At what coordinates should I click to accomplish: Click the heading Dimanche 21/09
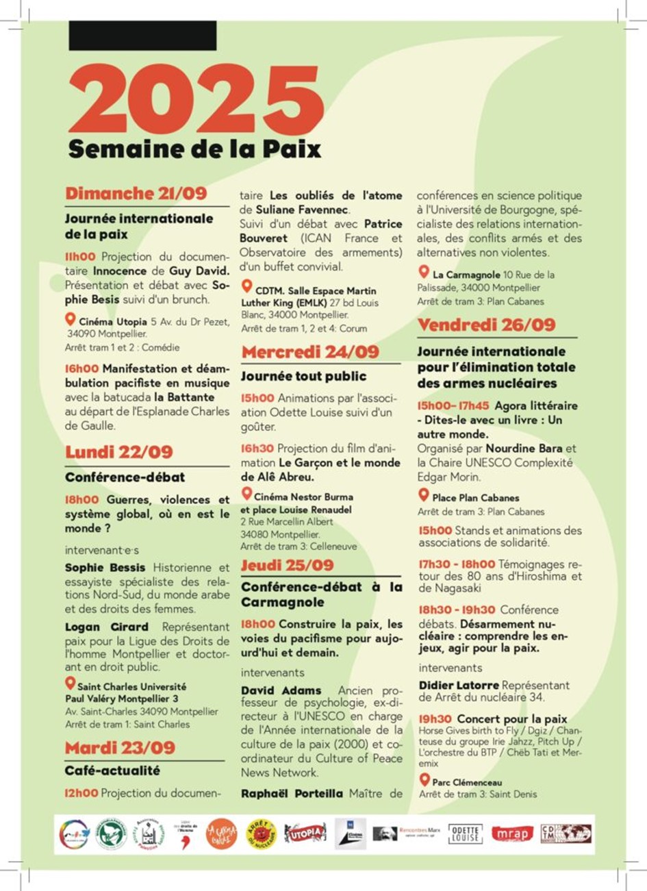[x=136, y=194]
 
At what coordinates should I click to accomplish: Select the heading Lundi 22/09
[x=119, y=452]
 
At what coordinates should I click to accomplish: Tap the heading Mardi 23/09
[x=120, y=747]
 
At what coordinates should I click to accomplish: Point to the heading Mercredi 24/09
[x=310, y=352]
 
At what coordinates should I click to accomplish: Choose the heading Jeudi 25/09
[x=288, y=565]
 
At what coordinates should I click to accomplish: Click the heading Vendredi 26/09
[x=487, y=325]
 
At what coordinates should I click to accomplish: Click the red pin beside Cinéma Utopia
[x=70, y=319]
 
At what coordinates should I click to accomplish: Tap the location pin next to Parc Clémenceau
[x=424, y=780]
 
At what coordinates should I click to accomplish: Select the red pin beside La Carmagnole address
[x=424, y=273]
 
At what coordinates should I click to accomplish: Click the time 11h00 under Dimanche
[x=80, y=257]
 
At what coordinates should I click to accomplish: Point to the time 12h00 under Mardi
[x=81, y=793]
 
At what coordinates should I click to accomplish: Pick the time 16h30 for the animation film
[x=257, y=448]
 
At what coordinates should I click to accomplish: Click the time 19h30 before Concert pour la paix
[x=435, y=719]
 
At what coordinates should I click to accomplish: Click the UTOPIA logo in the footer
[x=305, y=833]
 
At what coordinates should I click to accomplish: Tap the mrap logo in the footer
[x=511, y=833]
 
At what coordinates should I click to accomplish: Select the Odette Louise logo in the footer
[x=465, y=833]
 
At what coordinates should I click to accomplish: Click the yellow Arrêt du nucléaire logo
[x=262, y=833]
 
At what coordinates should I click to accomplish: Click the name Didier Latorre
[x=459, y=685]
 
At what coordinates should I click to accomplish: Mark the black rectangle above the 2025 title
[x=142, y=36]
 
